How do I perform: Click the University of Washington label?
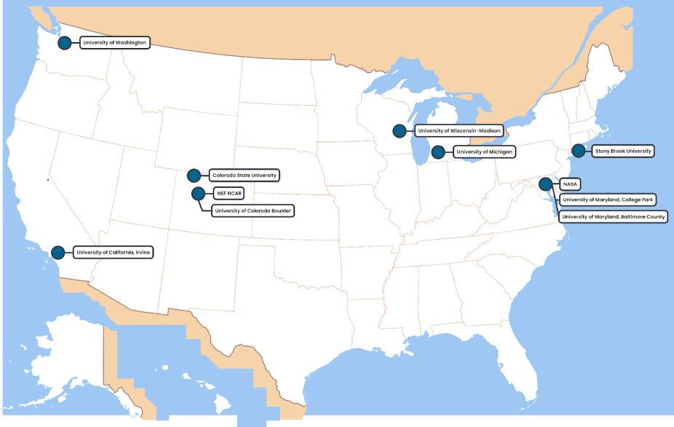pyautogui.click(x=115, y=43)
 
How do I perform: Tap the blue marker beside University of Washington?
pyautogui.click(x=65, y=43)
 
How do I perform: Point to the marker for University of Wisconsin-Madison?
pyautogui.click(x=400, y=131)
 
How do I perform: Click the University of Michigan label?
pyautogui.click(x=484, y=152)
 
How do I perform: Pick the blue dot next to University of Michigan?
pyautogui.click(x=438, y=152)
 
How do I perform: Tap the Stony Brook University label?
pyautogui.click(x=622, y=151)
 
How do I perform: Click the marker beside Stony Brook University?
pyautogui.click(x=578, y=151)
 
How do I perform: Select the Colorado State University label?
pyautogui.click(x=243, y=176)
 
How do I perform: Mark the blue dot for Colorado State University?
pyautogui.click(x=194, y=176)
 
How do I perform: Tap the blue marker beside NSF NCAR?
pyautogui.click(x=197, y=193)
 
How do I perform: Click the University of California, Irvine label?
pyautogui.click(x=115, y=253)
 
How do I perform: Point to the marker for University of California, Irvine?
pyautogui.click(x=58, y=253)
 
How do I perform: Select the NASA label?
pyautogui.click(x=570, y=184)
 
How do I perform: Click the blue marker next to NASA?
pyautogui.click(x=546, y=184)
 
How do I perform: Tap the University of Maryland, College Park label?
pyautogui.click(x=608, y=199)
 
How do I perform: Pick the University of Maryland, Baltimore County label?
pyautogui.click(x=614, y=217)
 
